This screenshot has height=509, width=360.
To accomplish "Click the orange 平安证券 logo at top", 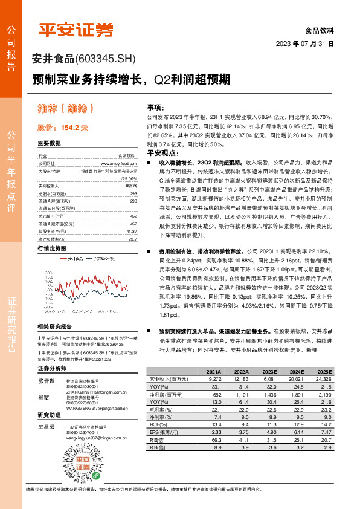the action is coord(76,30).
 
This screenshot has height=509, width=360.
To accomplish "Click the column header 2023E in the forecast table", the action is coord(269,371).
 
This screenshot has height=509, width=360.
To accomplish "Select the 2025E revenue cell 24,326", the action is coord(324,378).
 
